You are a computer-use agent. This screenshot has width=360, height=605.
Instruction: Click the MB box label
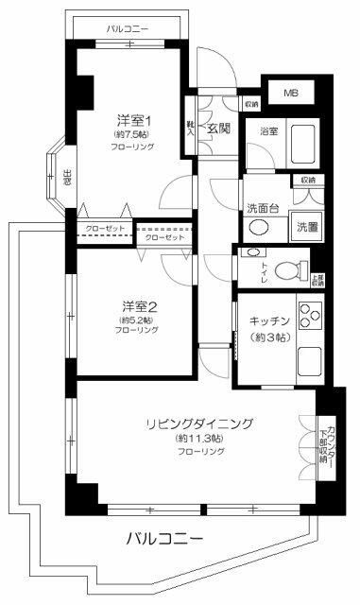(x=292, y=94)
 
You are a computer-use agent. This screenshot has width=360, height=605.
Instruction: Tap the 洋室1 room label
(x=133, y=120)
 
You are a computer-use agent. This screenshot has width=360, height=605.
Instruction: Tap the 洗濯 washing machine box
(x=307, y=227)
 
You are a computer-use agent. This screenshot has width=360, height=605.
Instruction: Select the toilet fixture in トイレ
(x=292, y=266)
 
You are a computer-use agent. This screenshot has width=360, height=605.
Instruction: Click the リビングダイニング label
(x=199, y=423)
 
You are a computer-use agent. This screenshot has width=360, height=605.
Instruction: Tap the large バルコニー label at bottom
(x=163, y=539)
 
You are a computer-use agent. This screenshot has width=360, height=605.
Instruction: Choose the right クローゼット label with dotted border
(x=165, y=236)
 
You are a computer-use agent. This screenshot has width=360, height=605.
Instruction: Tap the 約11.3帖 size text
(x=198, y=439)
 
